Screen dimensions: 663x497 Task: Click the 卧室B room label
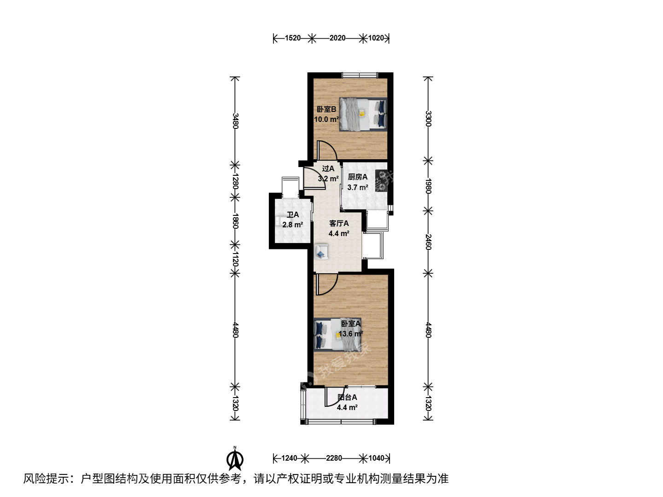(x=326, y=109)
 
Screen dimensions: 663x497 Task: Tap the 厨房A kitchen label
(x=358, y=177)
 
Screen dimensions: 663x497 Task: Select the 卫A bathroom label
(x=293, y=214)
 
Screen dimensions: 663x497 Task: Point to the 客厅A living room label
(x=339, y=223)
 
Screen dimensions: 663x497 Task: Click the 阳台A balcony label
(x=347, y=398)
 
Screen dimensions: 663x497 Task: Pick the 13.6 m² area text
(x=351, y=334)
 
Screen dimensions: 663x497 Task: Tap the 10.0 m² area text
(x=326, y=119)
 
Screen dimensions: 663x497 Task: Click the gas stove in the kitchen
(x=382, y=181)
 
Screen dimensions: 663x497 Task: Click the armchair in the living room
(x=321, y=252)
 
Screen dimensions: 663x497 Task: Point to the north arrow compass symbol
(x=235, y=459)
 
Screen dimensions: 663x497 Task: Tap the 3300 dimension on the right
(x=428, y=119)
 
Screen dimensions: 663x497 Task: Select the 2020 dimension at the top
(x=337, y=38)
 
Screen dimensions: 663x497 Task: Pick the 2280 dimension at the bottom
(x=334, y=458)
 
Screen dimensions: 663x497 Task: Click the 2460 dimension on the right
(x=428, y=242)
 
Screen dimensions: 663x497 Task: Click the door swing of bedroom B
(x=327, y=150)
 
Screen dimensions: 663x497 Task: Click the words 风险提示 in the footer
(x=46, y=479)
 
